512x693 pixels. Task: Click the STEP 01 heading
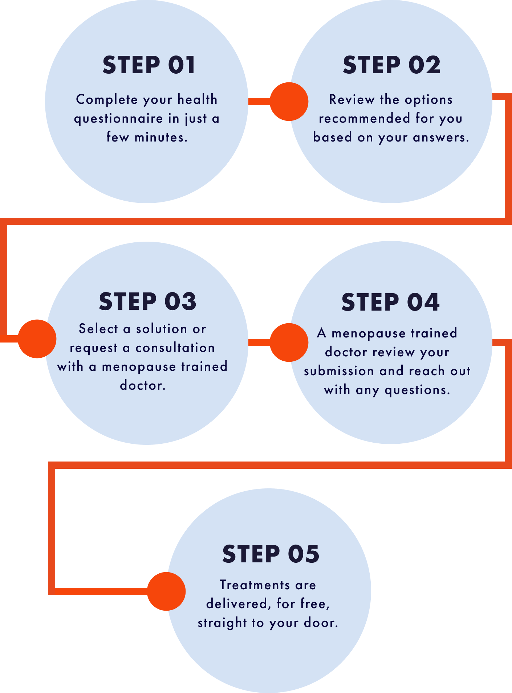tap(149, 65)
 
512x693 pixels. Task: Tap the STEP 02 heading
tap(391, 65)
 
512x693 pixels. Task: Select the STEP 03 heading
tap(147, 302)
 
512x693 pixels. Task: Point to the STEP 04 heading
tap(390, 302)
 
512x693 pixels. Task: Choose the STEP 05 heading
tap(271, 554)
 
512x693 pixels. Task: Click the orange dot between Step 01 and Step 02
tap(289, 102)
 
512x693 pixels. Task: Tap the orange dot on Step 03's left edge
tap(37, 339)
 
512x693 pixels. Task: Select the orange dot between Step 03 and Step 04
tap(289, 342)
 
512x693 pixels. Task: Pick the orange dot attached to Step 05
tap(166, 591)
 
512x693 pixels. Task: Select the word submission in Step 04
tap(339, 371)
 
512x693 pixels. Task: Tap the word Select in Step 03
tap(98, 329)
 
